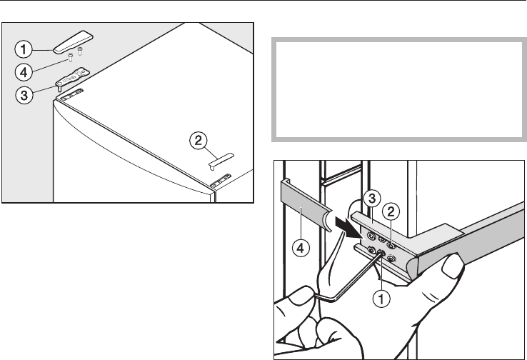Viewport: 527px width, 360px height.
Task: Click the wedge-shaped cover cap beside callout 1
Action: (x=74, y=42)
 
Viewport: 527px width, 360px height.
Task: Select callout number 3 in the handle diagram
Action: (x=371, y=197)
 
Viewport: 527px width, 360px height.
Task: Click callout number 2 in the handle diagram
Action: (x=391, y=210)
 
